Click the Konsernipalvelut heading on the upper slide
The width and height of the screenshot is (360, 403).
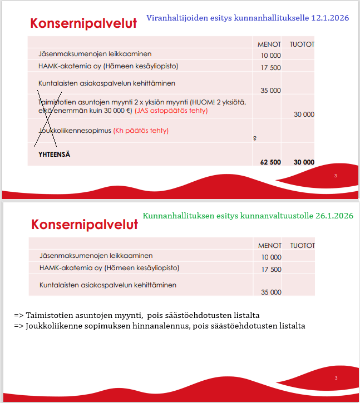click(x=83, y=23)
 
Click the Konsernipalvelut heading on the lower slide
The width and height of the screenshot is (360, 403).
click(x=85, y=225)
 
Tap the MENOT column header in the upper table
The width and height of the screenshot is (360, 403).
click(x=269, y=44)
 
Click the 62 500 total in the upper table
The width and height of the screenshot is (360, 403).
click(x=270, y=162)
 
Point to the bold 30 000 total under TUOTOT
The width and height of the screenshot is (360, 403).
click(x=304, y=162)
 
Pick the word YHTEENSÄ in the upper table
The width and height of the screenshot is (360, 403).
click(x=55, y=154)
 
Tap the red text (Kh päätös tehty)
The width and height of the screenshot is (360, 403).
click(x=141, y=131)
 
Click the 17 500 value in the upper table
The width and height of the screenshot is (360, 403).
click(x=270, y=68)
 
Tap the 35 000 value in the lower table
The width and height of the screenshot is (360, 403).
click(x=271, y=292)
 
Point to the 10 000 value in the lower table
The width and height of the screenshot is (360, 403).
click(x=272, y=257)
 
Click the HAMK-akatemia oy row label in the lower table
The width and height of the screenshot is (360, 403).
click(x=109, y=267)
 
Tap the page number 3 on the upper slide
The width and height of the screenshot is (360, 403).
click(x=336, y=176)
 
